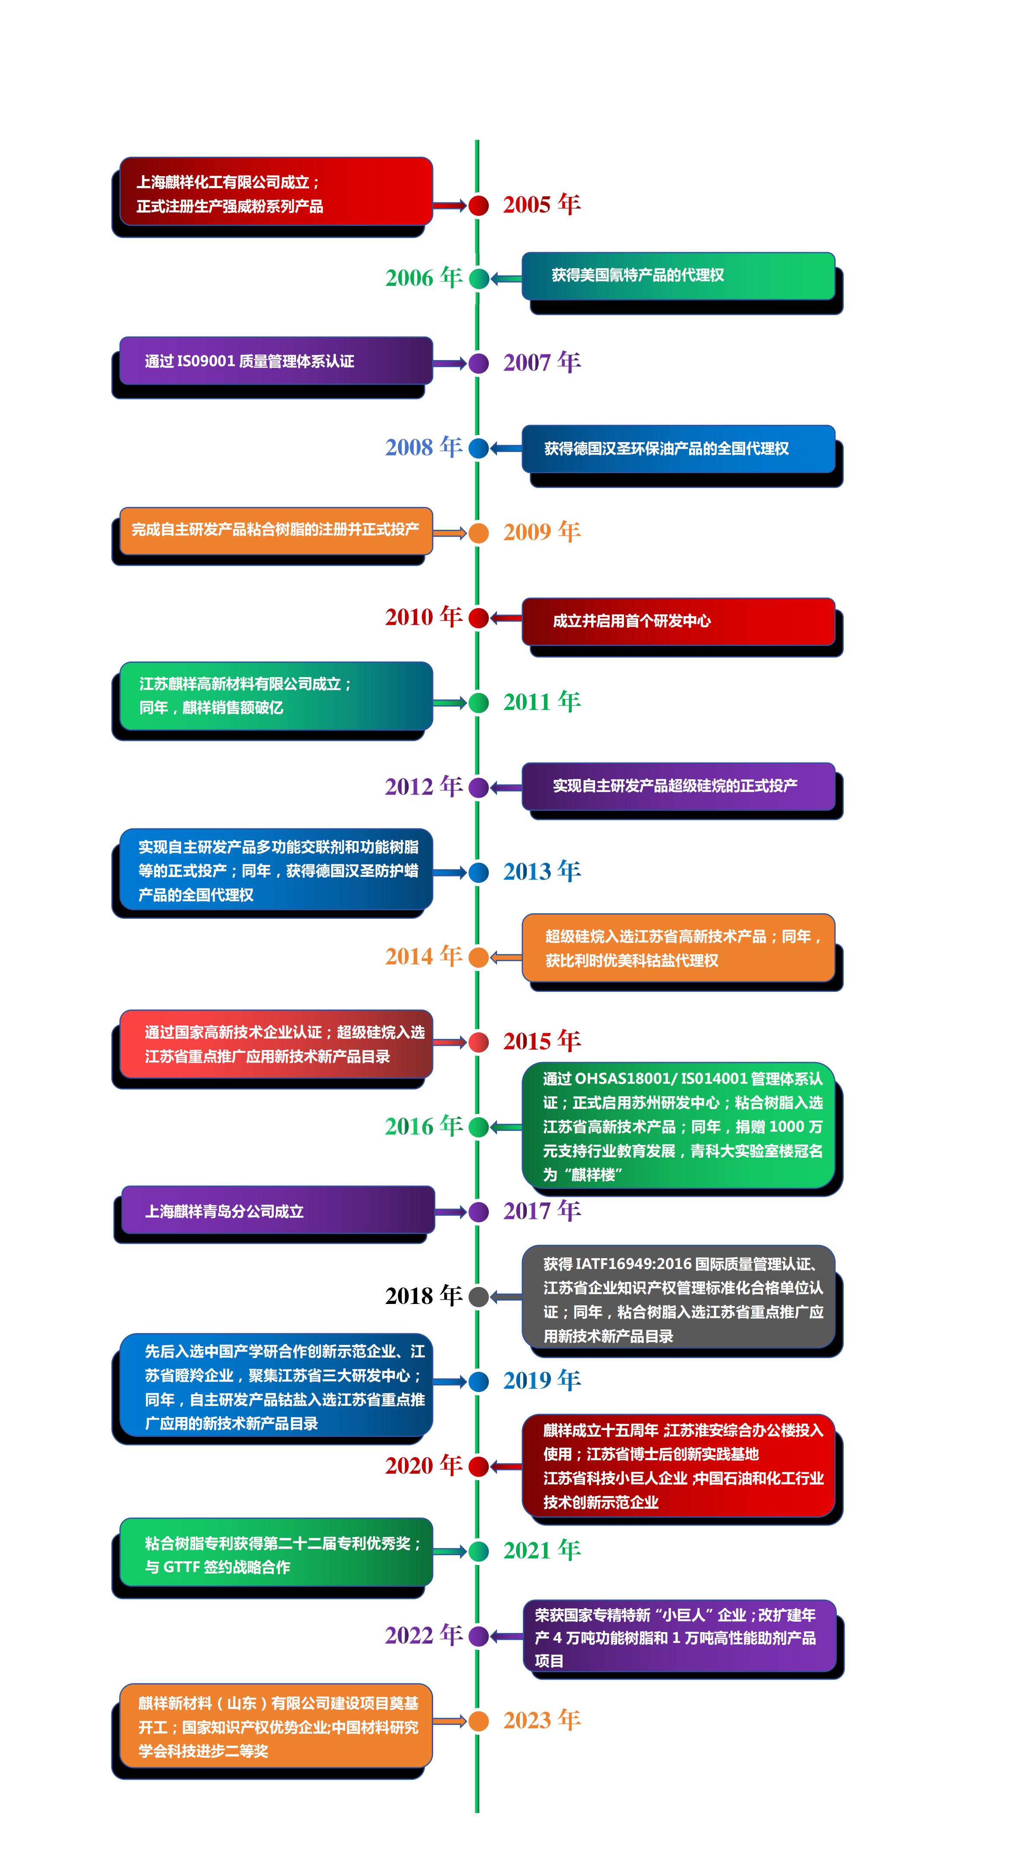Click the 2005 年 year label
541,205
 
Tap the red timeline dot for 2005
478,206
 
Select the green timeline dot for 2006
478,278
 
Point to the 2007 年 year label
541,362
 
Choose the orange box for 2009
276,531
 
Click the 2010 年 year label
423,617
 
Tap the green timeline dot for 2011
478,702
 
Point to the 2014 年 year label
423,956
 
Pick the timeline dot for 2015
478,1042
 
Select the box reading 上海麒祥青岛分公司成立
277,1210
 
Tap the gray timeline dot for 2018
478,1297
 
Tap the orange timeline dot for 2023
478,1721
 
